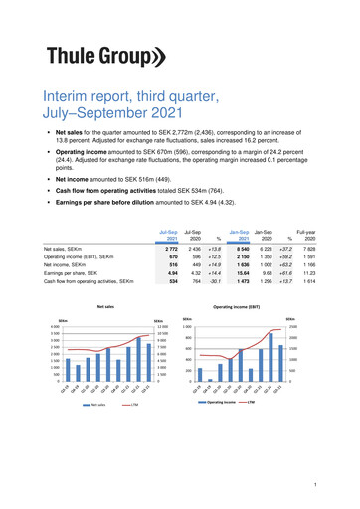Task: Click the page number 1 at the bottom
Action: [314, 484]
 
